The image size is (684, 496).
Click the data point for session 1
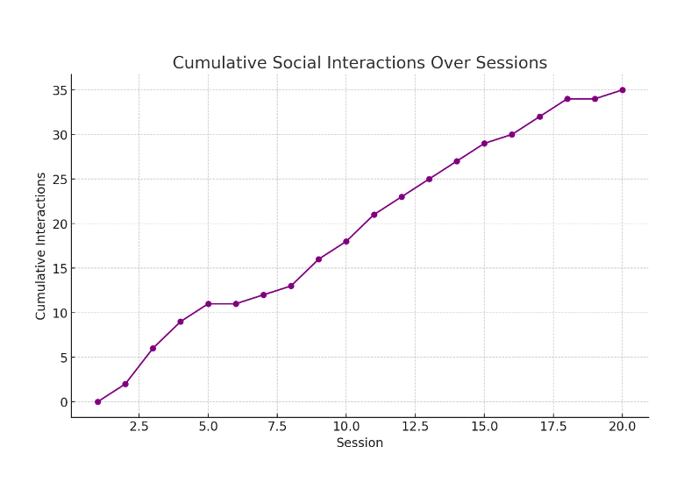[x=97, y=402]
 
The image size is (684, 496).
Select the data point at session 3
[x=153, y=349]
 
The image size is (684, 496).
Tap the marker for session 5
[x=208, y=304]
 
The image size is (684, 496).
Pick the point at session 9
[x=318, y=259]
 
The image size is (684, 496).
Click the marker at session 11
[x=374, y=215]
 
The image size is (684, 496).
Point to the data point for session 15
[x=484, y=144]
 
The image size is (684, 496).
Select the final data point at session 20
[x=623, y=90]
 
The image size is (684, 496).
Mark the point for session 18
[x=567, y=99]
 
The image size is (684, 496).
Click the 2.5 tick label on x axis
[x=139, y=427]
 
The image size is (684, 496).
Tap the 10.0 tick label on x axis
[x=346, y=427]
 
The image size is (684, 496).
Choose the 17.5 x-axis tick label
[x=553, y=427]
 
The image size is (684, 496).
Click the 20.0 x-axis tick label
[x=623, y=427]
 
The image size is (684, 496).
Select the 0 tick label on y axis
[x=63, y=402]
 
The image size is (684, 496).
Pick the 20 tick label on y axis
[x=60, y=224]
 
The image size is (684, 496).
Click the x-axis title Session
[x=360, y=443]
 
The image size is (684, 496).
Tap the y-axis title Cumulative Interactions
[x=41, y=245]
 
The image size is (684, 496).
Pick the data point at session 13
[x=429, y=180]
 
